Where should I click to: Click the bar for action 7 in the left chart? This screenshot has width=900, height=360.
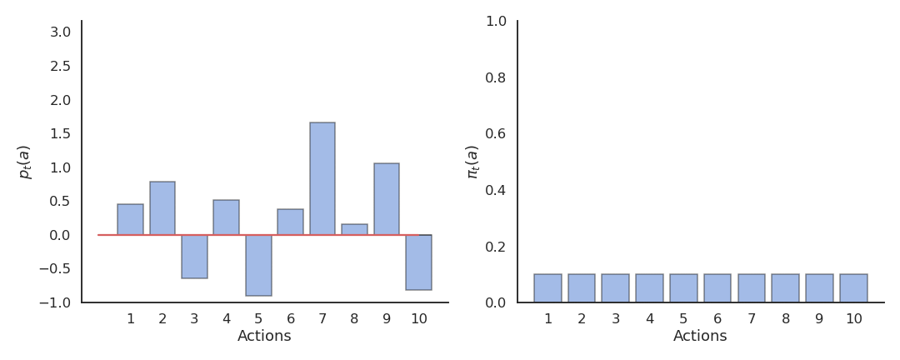click(x=322, y=178)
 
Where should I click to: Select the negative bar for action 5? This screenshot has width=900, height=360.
click(x=258, y=265)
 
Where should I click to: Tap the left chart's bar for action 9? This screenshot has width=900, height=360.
click(x=387, y=199)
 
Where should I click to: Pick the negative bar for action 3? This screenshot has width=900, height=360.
click(x=194, y=257)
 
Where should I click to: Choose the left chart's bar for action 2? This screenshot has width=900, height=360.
click(x=162, y=208)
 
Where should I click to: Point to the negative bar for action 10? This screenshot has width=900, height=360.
click(x=418, y=262)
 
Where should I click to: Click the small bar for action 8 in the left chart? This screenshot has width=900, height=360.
click(x=354, y=229)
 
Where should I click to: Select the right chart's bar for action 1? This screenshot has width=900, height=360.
click(x=547, y=288)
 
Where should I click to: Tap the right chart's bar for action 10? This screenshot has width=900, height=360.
click(x=853, y=288)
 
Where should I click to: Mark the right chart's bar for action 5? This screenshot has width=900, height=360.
click(x=683, y=288)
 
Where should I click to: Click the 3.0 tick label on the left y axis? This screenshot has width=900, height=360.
click(x=60, y=32)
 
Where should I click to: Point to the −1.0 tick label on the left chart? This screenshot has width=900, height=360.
click(x=55, y=302)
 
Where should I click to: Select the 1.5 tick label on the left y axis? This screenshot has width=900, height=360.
click(x=60, y=133)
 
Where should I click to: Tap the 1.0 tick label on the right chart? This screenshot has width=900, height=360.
click(x=496, y=21)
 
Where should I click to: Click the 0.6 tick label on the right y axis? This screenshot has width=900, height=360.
click(x=496, y=133)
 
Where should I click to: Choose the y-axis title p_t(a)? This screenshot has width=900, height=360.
click(x=24, y=162)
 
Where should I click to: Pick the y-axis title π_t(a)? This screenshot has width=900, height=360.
click(x=472, y=162)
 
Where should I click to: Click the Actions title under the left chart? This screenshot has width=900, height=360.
click(x=264, y=337)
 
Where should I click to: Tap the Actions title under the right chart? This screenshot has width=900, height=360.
click(x=700, y=337)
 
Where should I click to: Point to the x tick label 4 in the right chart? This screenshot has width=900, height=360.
click(x=650, y=319)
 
